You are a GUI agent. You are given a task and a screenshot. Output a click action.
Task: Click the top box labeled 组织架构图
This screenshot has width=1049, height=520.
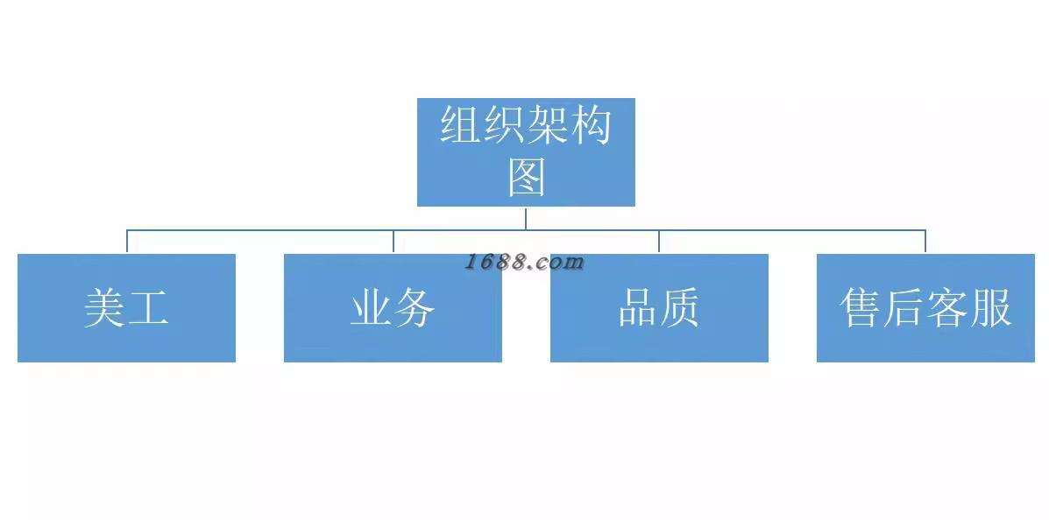point(526,151)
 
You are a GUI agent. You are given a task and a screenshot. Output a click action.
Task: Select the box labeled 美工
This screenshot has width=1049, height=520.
point(126,307)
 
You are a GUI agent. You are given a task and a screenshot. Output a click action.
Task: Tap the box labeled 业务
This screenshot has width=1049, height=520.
point(393,307)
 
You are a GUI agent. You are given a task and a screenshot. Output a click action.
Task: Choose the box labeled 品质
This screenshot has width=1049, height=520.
point(659,307)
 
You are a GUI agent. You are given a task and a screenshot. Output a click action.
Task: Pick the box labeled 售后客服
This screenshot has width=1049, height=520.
point(925,307)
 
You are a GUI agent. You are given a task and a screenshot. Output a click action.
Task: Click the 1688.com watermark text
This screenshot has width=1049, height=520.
point(524,262)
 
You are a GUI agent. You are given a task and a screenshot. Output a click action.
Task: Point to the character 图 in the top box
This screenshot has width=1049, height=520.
point(527,177)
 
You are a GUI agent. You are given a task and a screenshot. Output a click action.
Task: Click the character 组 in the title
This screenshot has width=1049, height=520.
point(462,125)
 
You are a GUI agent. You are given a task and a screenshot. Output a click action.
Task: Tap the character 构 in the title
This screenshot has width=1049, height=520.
point(590,125)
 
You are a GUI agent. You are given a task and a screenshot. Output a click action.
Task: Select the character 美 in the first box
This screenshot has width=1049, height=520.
point(104,308)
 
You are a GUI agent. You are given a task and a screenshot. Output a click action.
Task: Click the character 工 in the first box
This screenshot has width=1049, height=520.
point(147,308)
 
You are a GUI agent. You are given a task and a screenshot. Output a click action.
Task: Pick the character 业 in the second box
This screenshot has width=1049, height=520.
point(371,308)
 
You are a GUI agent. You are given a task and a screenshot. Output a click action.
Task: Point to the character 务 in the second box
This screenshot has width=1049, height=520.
point(415,308)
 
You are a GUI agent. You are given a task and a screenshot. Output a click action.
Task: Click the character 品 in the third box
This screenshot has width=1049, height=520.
point(637,308)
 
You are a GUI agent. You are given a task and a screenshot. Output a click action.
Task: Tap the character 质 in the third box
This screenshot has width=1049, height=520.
point(680,308)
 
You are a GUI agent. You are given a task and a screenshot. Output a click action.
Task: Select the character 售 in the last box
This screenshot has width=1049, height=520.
point(861,308)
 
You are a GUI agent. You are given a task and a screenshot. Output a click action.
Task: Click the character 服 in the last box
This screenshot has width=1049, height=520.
point(990,308)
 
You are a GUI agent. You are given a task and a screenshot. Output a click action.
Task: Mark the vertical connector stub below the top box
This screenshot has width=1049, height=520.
point(526,218)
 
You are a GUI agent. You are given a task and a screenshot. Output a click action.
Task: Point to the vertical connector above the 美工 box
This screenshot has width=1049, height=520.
point(127,242)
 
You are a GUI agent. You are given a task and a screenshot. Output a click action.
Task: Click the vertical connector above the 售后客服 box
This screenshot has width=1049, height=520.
point(925,242)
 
